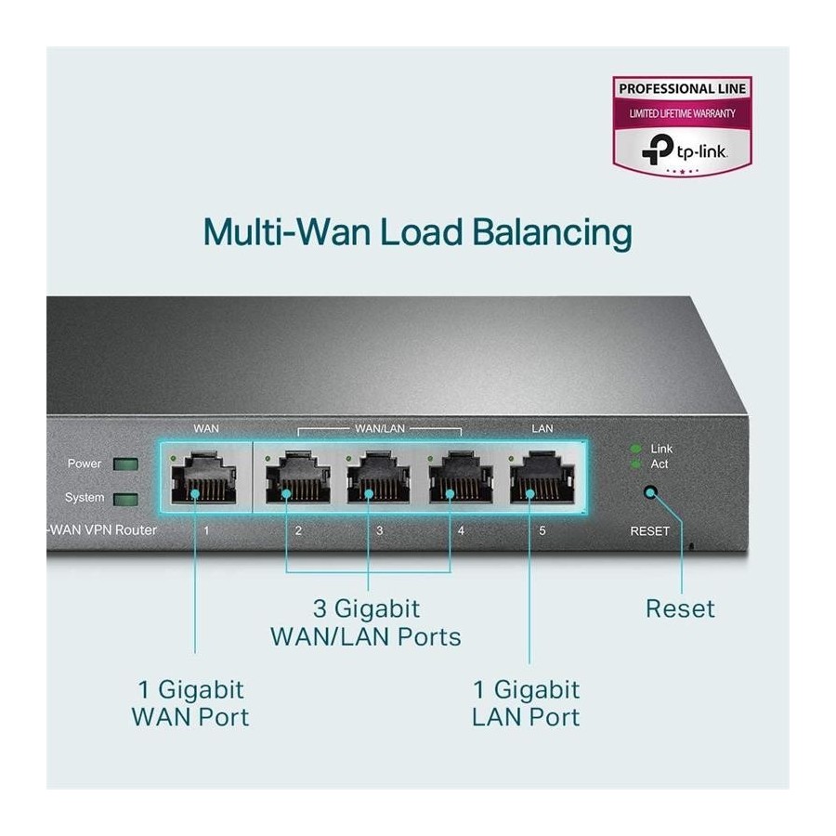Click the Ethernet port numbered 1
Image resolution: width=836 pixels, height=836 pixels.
click(x=206, y=480)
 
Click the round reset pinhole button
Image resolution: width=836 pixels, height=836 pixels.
click(x=650, y=494)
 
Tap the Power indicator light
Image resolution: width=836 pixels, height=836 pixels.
click(x=122, y=464)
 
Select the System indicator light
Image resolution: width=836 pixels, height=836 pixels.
click(x=122, y=499)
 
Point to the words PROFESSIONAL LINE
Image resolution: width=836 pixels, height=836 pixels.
click(x=683, y=89)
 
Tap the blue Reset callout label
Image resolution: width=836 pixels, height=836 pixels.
click(x=680, y=609)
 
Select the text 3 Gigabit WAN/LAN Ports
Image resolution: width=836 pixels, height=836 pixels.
click(x=365, y=622)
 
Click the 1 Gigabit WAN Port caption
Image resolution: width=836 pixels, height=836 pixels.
click(x=190, y=703)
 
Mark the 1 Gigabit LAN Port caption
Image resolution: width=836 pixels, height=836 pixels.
click(x=526, y=703)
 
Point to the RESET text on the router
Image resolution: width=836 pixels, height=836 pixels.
click(x=649, y=531)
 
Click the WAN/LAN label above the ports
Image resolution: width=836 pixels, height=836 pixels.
click(x=379, y=429)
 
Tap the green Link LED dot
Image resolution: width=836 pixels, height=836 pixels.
click(x=635, y=449)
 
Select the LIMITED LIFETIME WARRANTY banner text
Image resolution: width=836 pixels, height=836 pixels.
click(x=683, y=113)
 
